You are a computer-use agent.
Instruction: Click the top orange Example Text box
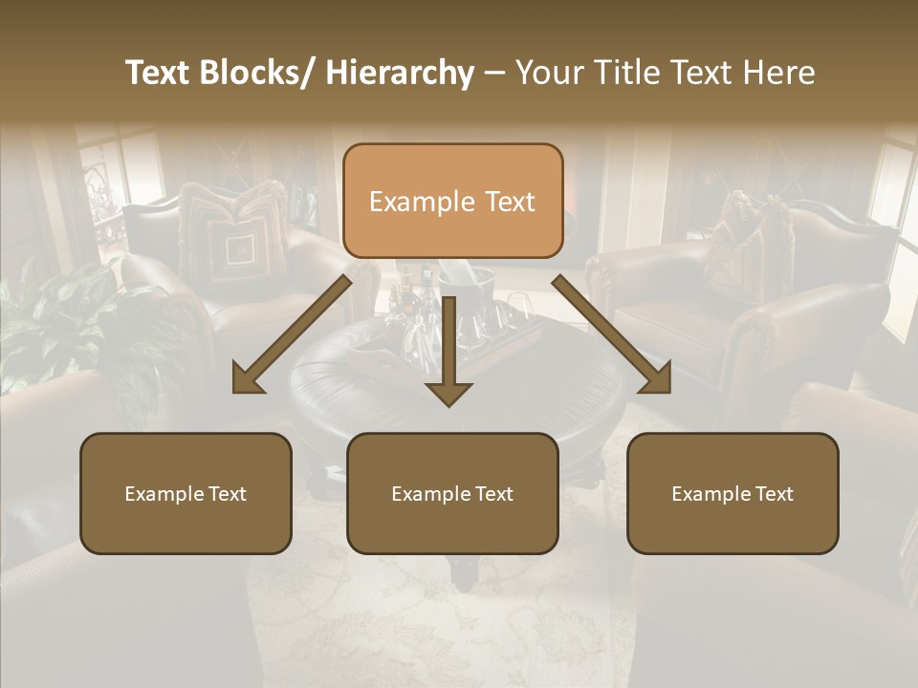pos(452,201)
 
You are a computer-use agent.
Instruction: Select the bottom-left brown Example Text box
pos(186,493)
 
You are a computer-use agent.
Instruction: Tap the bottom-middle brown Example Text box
pos(452,493)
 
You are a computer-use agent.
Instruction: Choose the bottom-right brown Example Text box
pos(732,493)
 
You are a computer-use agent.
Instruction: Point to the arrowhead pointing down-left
pos(247,380)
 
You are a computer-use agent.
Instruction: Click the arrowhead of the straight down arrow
pos(448,393)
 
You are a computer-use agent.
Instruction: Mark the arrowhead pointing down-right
pos(656,379)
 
